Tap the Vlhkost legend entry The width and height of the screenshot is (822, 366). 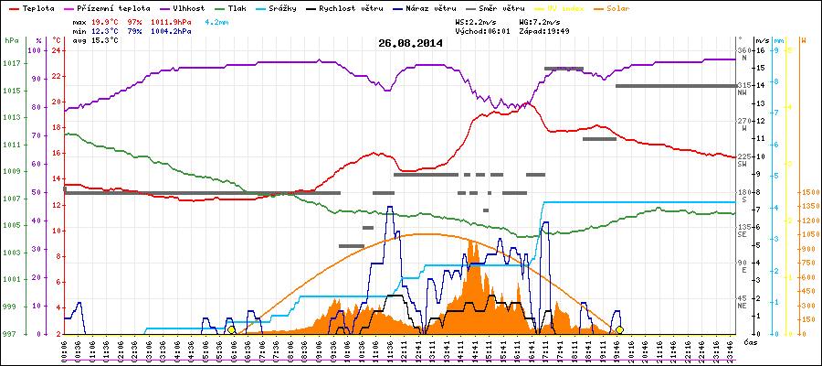pos(188,8)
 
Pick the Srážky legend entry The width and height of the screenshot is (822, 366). pos(290,8)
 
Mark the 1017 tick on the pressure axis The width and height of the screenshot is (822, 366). pos(11,64)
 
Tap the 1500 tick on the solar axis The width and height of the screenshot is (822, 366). pos(808,192)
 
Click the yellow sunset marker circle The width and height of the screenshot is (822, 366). pos(619,329)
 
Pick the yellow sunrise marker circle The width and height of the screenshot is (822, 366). pos(231,329)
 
